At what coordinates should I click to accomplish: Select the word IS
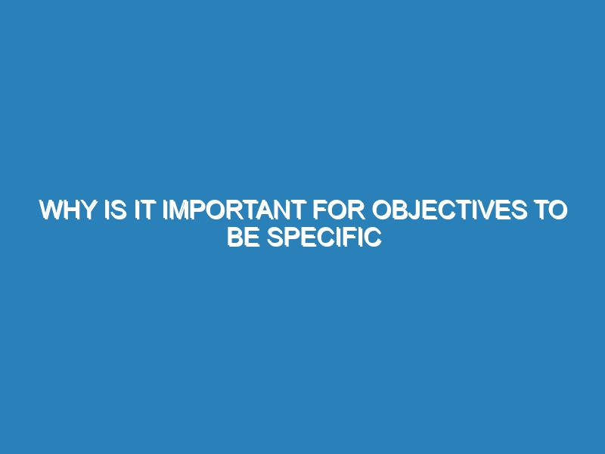(x=116, y=210)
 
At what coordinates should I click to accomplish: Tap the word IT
(x=145, y=210)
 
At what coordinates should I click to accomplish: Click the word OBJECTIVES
(x=449, y=210)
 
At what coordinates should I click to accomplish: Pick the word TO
(x=551, y=210)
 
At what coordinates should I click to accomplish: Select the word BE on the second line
(x=243, y=237)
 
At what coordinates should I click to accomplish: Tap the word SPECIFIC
(x=324, y=237)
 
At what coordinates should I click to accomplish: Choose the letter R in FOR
(x=356, y=210)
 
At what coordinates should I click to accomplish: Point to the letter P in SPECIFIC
(x=293, y=237)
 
